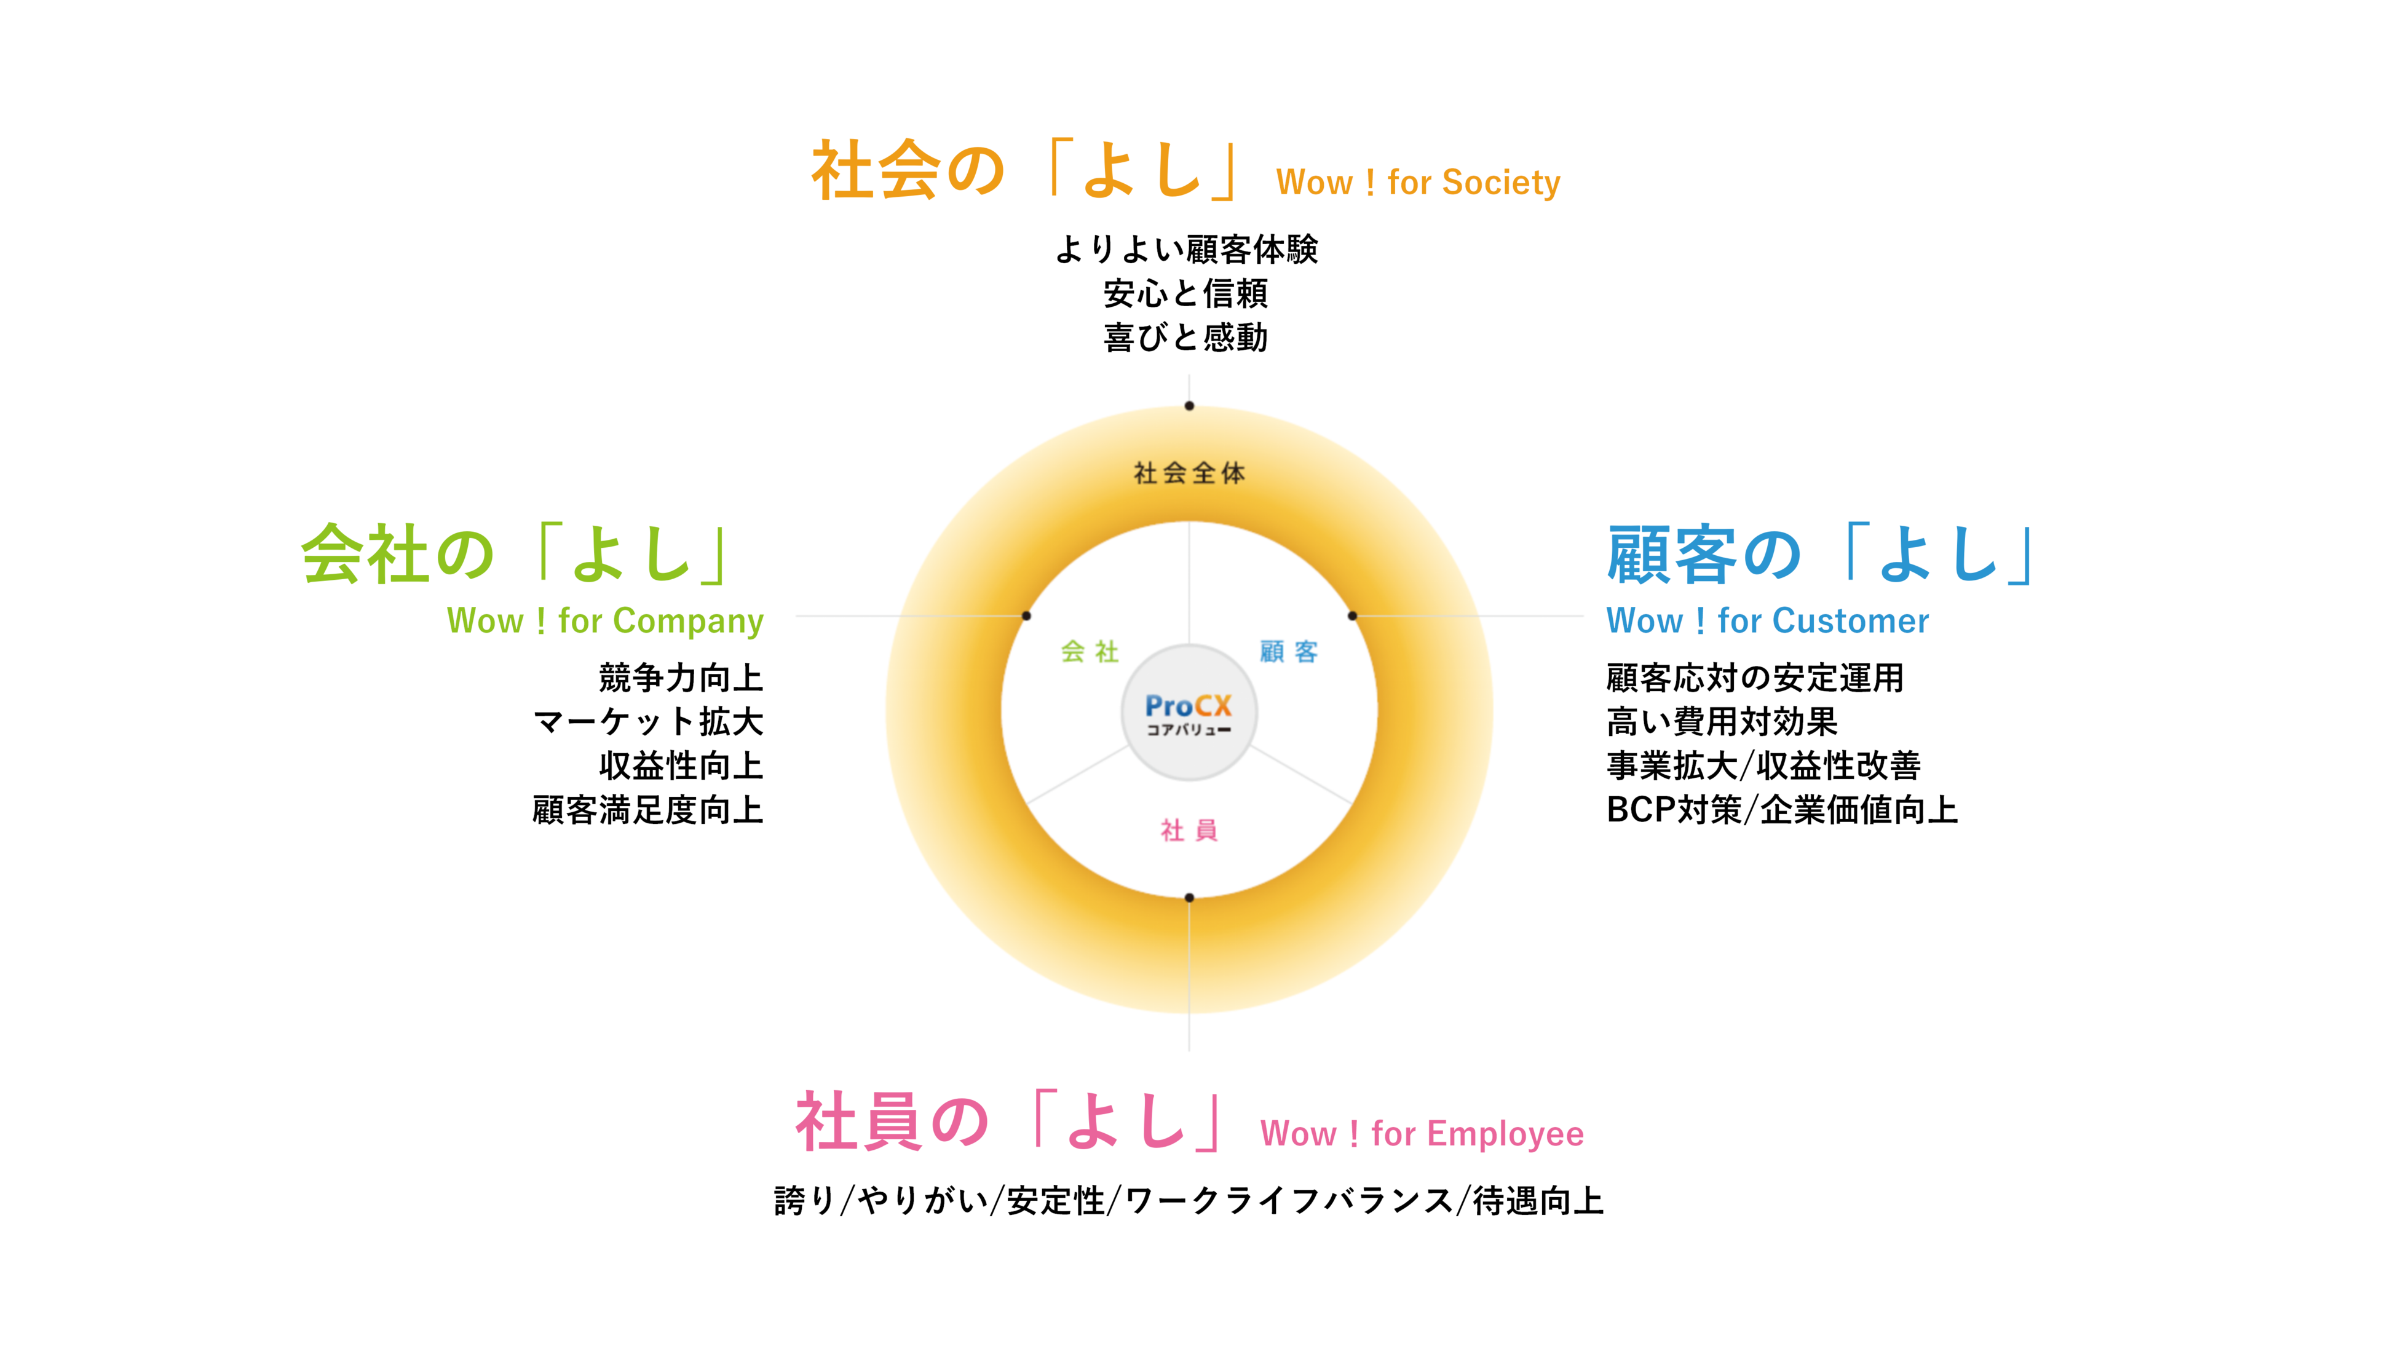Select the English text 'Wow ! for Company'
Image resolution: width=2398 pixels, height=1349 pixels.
point(605,621)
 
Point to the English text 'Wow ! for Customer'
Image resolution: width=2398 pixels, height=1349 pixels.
point(1768,621)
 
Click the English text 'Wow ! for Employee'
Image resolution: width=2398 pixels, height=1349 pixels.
point(1422,1134)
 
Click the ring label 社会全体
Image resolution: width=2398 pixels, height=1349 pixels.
point(1189,473)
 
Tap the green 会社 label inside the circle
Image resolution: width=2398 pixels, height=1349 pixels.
point(1089,652)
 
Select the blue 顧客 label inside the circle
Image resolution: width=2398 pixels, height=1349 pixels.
point(1288,652)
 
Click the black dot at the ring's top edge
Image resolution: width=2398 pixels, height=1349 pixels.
point(1189,406)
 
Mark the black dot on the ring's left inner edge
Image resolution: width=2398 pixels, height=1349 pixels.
point(1026,615)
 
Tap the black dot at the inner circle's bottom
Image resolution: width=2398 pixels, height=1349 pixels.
point(1189,898)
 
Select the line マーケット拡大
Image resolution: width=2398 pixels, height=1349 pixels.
point(648,721)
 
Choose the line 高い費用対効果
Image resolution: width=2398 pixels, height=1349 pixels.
point(1722,721)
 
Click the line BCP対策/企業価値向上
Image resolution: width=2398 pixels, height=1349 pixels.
point(1782,810)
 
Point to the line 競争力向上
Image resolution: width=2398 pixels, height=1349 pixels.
point(681,678)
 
